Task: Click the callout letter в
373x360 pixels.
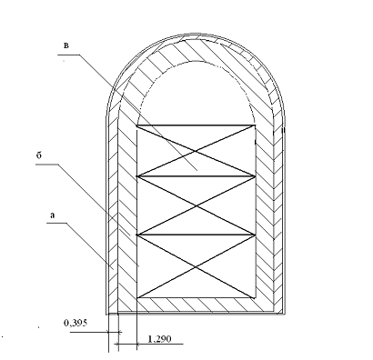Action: (66, 45)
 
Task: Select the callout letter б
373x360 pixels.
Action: (39, 155)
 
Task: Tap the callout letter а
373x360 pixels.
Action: (53, 215)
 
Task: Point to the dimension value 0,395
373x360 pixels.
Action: (76, 323)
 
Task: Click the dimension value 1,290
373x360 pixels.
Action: (159, 339)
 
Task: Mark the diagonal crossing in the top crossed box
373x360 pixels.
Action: (196, 150)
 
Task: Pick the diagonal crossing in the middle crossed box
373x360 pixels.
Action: (196, 205)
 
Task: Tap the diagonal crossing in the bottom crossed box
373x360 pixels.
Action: (196, 266)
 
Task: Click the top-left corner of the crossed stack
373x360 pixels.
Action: (137, 125)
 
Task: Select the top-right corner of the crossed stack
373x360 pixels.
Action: (255, 125)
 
